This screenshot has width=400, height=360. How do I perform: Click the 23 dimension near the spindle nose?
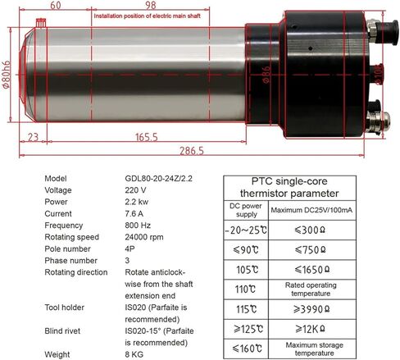tap(33, 136)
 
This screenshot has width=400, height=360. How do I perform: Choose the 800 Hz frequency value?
tap(137, 226)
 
